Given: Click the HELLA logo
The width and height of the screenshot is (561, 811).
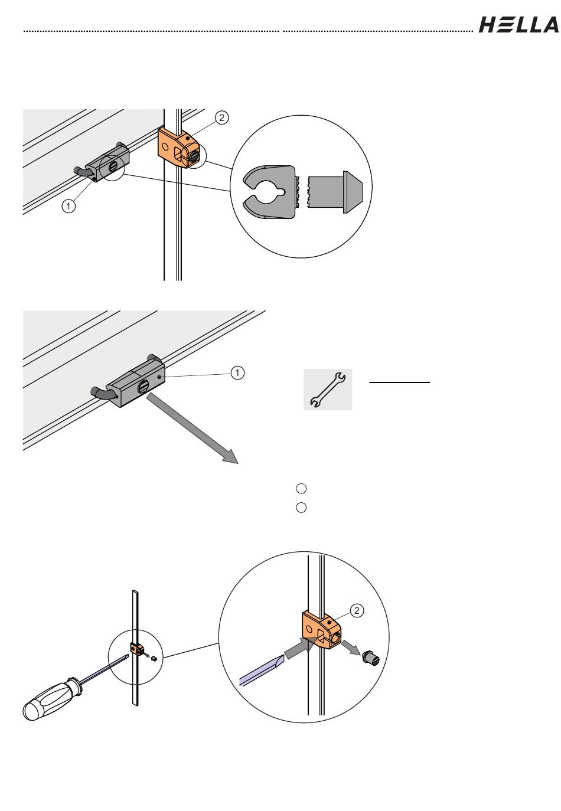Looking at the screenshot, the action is click(x=518, y=24).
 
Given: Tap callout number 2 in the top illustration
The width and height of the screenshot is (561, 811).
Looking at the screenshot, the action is click(x=221, y=118).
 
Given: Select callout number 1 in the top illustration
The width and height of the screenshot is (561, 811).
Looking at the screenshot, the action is click(x=69, y=206).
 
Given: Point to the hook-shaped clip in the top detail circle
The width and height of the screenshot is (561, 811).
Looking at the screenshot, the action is click(x=269, y=192).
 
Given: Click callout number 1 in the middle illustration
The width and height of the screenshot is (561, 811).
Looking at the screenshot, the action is click(x=236, y=372).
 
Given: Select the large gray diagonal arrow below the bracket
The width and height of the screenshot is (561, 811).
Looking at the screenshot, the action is click(x=193, y=430).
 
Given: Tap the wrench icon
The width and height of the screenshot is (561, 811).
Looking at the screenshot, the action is click(x=328, y=390).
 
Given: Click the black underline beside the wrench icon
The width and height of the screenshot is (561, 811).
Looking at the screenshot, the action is click(x=400, y=382).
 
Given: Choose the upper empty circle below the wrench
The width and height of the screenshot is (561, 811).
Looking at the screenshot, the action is click(x=301, y=488).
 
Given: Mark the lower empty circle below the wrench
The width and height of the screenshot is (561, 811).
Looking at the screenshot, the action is click(x=301, y=508).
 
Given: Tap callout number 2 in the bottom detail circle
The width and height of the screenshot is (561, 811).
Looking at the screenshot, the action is click(x=357, y=611).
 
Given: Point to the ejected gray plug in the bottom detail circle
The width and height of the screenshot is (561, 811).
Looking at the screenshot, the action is click(x=371, y=655).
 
